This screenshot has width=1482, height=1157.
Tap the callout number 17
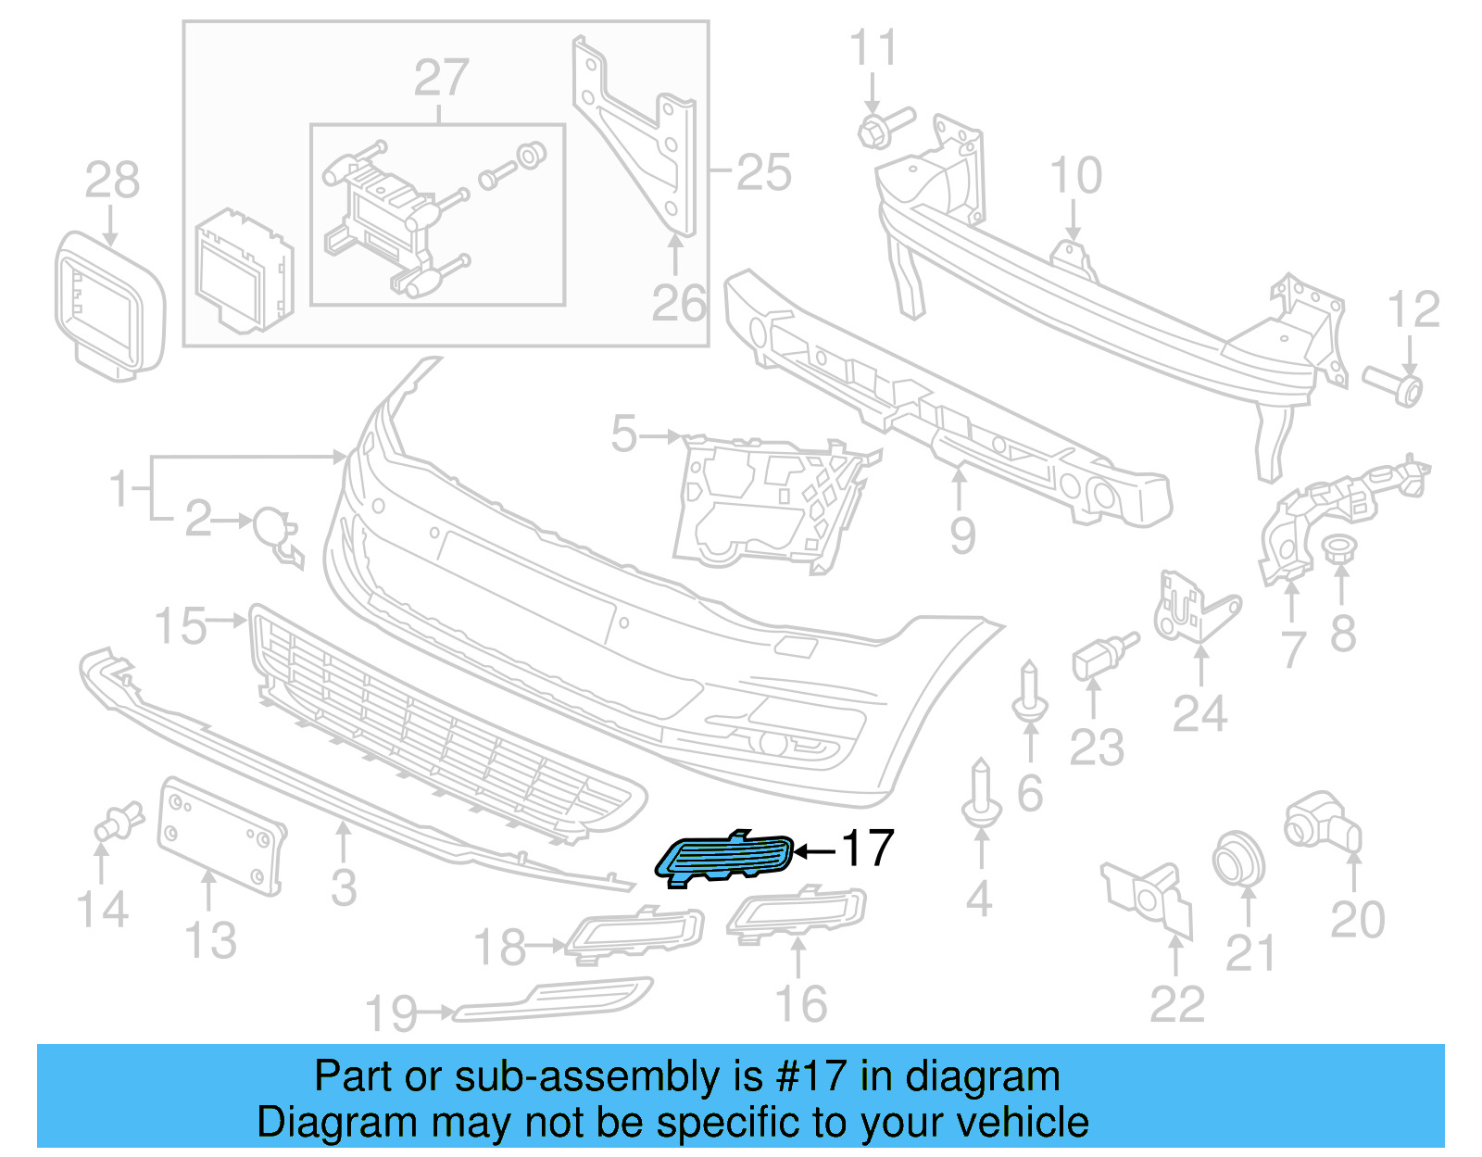(x=866, y=849)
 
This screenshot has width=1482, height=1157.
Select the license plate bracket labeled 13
(x=220, y=836)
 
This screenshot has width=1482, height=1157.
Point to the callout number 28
(x=112, y=180)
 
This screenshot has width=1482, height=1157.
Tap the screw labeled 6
(x=1030, y=694)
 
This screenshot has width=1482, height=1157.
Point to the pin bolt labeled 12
(x=1394, y=384)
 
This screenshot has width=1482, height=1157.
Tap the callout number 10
(x=1075, y=175)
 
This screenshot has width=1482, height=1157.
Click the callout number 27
(x=441, y=78)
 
